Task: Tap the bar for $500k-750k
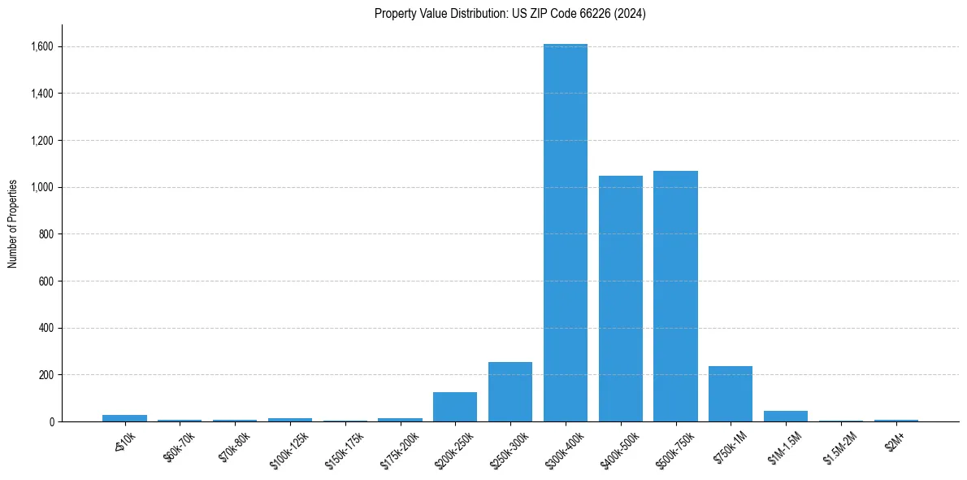675,296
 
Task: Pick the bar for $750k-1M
731,394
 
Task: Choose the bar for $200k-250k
455,407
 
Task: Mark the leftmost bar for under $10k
124,418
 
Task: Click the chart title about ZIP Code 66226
510,13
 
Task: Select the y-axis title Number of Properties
13,223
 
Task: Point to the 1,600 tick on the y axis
41,46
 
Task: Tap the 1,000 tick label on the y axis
41,187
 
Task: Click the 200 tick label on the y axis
46,375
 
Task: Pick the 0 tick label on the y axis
52,422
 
